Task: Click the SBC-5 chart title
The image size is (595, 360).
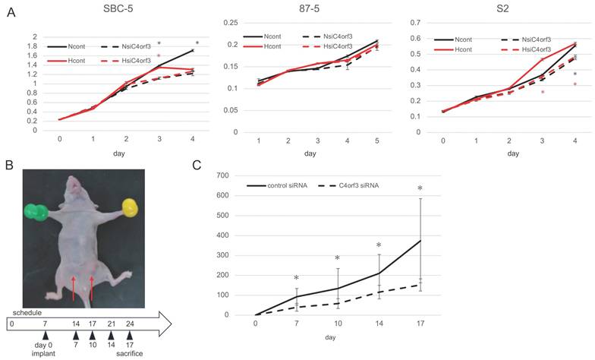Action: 118,9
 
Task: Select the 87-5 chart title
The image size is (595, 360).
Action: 310,9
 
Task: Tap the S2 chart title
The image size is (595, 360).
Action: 502,9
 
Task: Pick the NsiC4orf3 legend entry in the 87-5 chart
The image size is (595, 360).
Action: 328,36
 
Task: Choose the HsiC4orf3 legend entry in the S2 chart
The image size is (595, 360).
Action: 526,49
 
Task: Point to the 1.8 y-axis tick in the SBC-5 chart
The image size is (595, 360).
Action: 34,46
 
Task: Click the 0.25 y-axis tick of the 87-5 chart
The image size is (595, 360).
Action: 231,23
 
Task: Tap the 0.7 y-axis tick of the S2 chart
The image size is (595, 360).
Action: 416,23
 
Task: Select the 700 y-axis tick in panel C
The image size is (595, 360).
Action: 223,175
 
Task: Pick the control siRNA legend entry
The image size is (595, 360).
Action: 277,185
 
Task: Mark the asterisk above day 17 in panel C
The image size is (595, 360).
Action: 420,188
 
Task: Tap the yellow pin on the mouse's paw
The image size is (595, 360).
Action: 131,208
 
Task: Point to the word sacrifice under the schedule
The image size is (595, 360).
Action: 129,354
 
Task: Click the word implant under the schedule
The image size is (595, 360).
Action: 44,354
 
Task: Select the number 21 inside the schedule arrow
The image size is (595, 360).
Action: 111,324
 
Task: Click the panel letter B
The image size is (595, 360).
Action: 9,166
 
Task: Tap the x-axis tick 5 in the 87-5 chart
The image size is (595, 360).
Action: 376,141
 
